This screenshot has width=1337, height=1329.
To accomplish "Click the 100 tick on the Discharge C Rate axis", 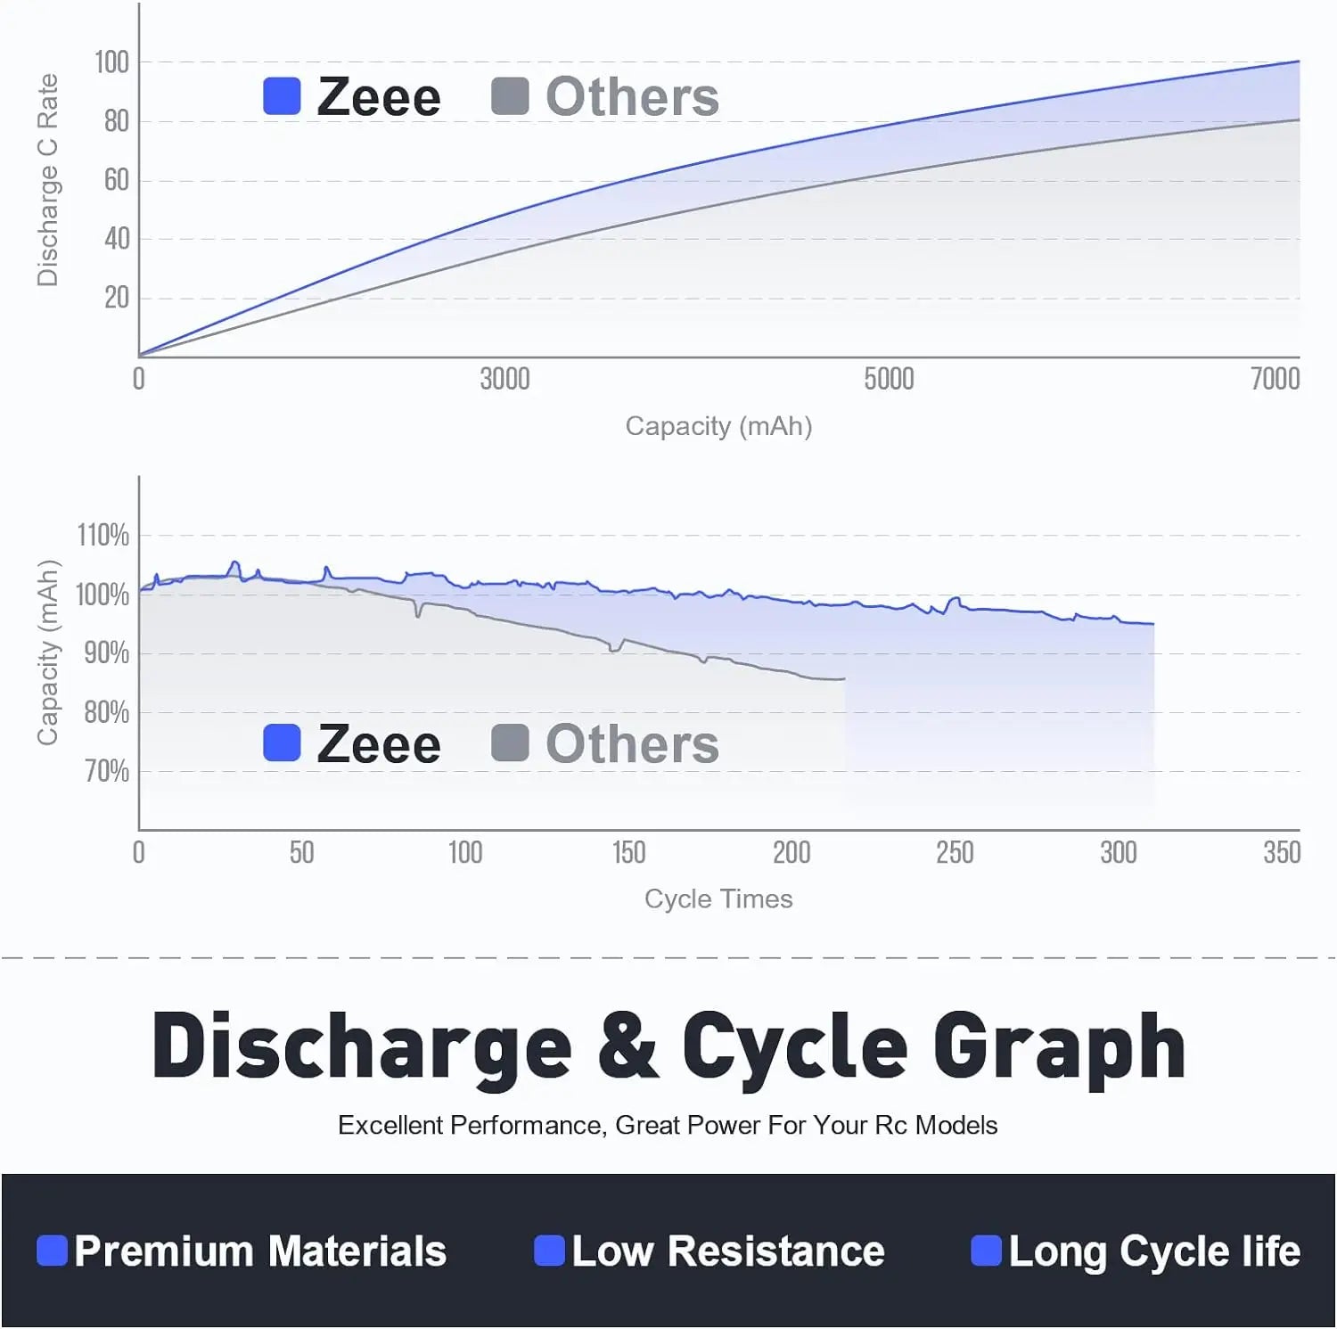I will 112,62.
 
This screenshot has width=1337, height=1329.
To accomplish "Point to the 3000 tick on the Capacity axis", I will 504,379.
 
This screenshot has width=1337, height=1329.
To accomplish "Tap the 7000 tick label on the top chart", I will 1275,379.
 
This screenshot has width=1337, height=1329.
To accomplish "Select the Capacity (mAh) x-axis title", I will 718,426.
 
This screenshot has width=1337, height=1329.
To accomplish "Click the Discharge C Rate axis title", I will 47,180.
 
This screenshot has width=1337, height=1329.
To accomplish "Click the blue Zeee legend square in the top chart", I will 282,96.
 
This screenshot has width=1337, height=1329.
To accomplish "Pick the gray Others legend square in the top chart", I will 510,96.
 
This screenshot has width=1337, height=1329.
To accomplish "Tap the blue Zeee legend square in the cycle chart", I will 282,742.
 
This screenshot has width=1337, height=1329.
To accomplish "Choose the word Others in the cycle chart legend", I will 632,744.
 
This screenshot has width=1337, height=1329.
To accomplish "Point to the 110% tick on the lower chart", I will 103,536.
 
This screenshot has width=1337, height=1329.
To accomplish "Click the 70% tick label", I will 107,771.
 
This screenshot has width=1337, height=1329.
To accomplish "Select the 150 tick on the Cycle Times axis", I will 628,853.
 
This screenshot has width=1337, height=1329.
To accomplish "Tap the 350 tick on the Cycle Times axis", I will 1282,853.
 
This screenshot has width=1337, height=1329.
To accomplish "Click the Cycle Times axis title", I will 718,898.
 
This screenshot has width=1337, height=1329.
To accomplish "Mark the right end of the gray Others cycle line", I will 843,679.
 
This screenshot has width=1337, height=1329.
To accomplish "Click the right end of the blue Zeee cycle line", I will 1152,624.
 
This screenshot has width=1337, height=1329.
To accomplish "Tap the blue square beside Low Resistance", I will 549,1251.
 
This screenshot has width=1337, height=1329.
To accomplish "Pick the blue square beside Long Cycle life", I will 986,1251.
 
